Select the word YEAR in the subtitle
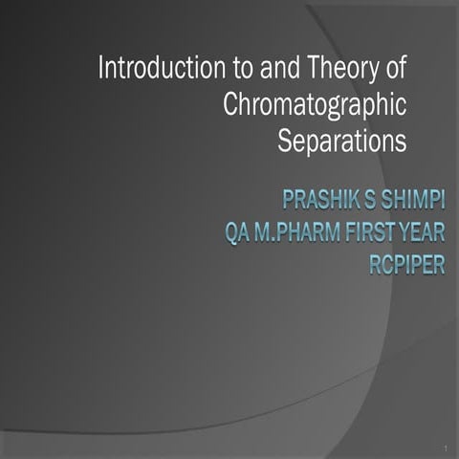(x=424, y=232)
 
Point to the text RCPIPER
(x=406, y=264)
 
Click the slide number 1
(x=446, y=448)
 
